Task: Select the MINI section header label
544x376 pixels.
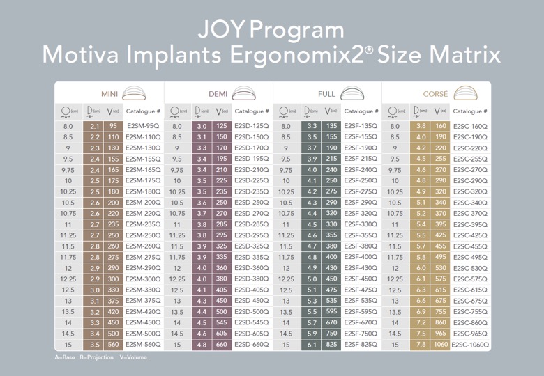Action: (x=109, y=94)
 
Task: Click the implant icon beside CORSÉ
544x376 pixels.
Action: (x=466, y=93)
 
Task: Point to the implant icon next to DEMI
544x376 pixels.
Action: (x=243, y=93)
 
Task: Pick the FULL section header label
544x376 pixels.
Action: (x=326, y=94)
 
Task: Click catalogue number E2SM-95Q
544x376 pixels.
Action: (x=143, y=125)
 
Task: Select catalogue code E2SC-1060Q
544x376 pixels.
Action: (x=470, y=345)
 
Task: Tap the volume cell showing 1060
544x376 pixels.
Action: (x=441, y=345)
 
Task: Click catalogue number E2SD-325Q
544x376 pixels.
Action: (x=252, y=246)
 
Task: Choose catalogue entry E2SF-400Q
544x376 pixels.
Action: (x=361, y=257)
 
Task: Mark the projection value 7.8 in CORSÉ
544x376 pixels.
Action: (x=421, y=345)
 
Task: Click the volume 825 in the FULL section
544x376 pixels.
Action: (x=331, y=345)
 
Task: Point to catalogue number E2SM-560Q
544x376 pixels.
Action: (x=143, y=345)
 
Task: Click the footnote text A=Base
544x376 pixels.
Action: (x=65, y=357)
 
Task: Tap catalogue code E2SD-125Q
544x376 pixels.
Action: (x=252, y=125)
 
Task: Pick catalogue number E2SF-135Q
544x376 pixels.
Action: (x=361, y=125)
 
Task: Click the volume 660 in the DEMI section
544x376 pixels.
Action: (x=221, y=345)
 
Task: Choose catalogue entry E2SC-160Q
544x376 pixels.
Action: (x=470, y=126)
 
